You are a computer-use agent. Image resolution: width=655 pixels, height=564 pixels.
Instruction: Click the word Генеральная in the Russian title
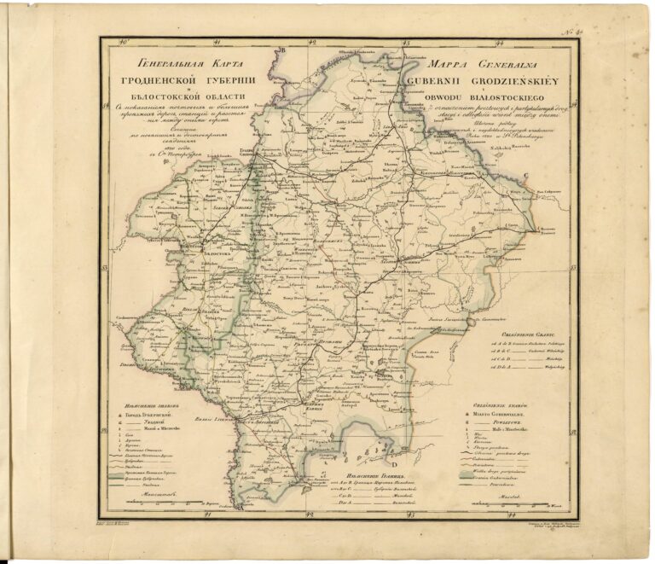(x=161, y=63)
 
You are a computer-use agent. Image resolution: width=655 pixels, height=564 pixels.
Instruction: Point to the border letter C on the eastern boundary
(x=527, y=177)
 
